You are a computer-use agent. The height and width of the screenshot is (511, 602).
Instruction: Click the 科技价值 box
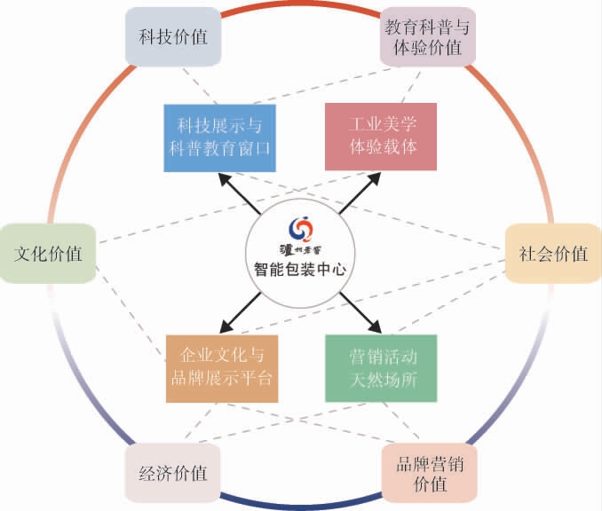pyautogui.click(x=172, y=36)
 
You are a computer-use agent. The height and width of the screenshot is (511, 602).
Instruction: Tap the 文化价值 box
pyautogui.click(x=48, y=254)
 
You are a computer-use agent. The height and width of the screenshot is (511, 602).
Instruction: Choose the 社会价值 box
pyautogui.click(x=553, y=254)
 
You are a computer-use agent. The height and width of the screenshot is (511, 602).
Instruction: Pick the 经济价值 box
pyautogui.click(x=172, y=472)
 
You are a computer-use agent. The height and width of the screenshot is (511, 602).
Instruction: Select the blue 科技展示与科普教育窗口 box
pyautogui.click(x=220, y=138)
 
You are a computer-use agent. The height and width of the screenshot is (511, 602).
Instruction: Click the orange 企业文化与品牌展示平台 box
pyautogui.click(x=221, y=368)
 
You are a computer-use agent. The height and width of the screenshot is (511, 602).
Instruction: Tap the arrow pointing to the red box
pyautogui.click(x=360, y=194)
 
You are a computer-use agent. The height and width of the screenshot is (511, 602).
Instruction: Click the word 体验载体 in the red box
pyautogui.click(x=382, y=147)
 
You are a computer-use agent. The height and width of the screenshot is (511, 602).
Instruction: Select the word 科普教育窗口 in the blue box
pyautogui.click(x=220, y=148)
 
